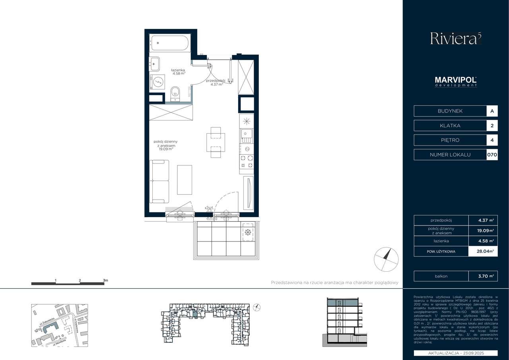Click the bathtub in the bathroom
tap(170, 43)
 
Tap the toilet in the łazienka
tap(175, 94)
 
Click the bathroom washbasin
tap(154, 63)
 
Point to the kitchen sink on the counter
tap(246, 136)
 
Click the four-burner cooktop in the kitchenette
tap(246, 161)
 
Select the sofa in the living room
tap(159, 181)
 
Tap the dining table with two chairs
tap(215, 142)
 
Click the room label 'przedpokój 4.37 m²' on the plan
tap(216, 82)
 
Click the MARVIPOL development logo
tap(456, 82)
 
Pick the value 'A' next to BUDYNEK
tap(492, 111)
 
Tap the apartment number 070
tap(492, 155)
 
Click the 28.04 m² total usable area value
tap(486, 251)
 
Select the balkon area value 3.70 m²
tap(486, 276)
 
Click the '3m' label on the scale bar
tap(105, 280)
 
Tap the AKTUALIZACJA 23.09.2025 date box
tap(456, 353)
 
